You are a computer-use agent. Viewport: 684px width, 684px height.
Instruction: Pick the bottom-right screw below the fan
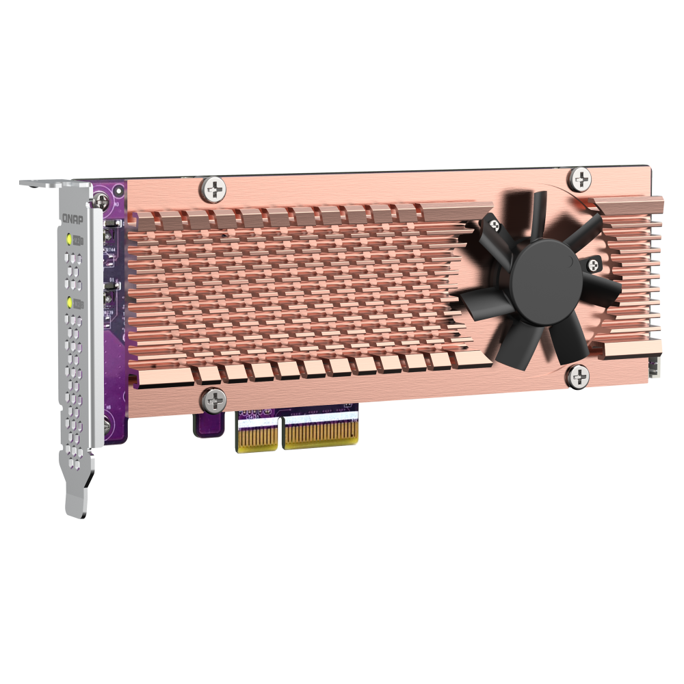tap(577, 376)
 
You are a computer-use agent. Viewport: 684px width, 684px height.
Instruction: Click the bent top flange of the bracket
tap(55, 181)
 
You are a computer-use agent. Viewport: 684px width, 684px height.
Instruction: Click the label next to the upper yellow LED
tap(79, 239)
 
